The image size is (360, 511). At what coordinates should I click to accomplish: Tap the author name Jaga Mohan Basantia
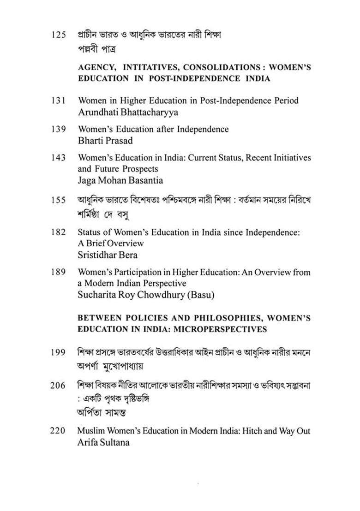pos(120,180)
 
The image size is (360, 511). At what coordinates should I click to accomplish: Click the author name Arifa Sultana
pos(105,442)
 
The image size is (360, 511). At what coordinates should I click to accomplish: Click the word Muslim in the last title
pos(91,431)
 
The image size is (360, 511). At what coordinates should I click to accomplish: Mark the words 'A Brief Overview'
pos(111,244)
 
